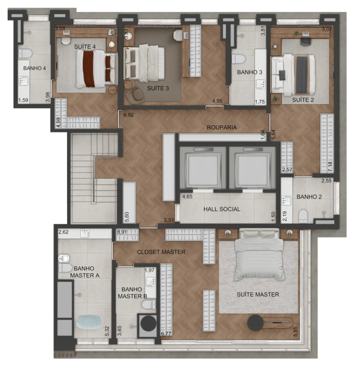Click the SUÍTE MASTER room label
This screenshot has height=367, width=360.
pyautogui.click(x=258, y=294)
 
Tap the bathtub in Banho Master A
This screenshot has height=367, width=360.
pyautogui.click(x=90, y=321)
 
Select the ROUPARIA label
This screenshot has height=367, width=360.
pyautogui.click(x=222, y=127)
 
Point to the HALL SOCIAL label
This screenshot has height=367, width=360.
pyautogui.click(x=222, y=209)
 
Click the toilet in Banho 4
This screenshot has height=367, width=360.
pyautogui.click(x=25, y=54)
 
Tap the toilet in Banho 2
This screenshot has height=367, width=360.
pyautogui.click(x=303, y=216)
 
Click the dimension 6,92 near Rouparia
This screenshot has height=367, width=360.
pyautogui.click(x=128, y=115)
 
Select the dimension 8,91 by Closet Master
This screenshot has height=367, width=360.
pyautogui.click(x=122, y=232)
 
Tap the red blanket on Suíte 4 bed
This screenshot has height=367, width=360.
pyautogui.click(x=89, y=69)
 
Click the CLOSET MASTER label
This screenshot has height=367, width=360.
pyautogui.click(x=161, y=252)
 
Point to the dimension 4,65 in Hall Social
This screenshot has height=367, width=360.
pyautogui.click(x=187, y=197)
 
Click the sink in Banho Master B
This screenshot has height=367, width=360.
pyautogui.click(x=150, y=282)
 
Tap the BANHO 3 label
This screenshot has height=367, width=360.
pyautogui.click(x=250, y=72)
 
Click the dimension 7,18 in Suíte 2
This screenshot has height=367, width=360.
pyautogui.click(x=330, y=167)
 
